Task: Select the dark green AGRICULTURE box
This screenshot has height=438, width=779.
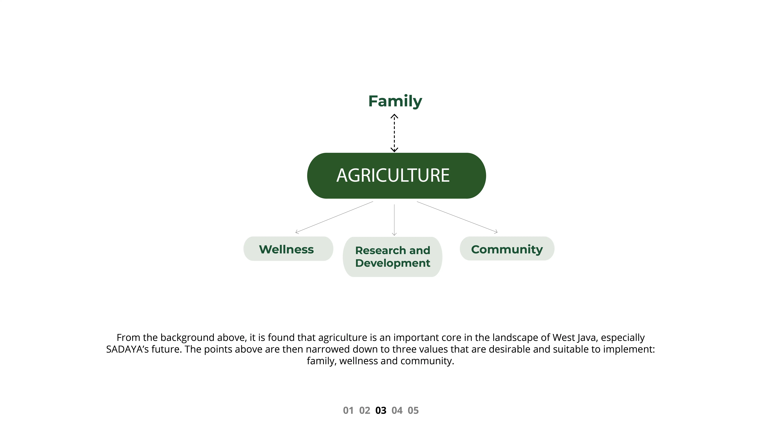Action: click(x=396, y=176)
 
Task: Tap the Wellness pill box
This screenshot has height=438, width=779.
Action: click(x=288, y=249)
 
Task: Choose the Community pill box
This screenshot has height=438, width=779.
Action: click(x=507, y=248)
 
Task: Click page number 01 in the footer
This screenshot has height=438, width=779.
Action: click(x=348, y=410)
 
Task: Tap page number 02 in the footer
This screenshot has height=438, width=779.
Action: click(x=364, y=410)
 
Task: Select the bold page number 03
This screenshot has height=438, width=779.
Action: click(x=381, y=410)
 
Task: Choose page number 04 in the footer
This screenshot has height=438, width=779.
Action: click(x=397, y=410)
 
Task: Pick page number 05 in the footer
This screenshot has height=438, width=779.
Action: click(x=413, y=410)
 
